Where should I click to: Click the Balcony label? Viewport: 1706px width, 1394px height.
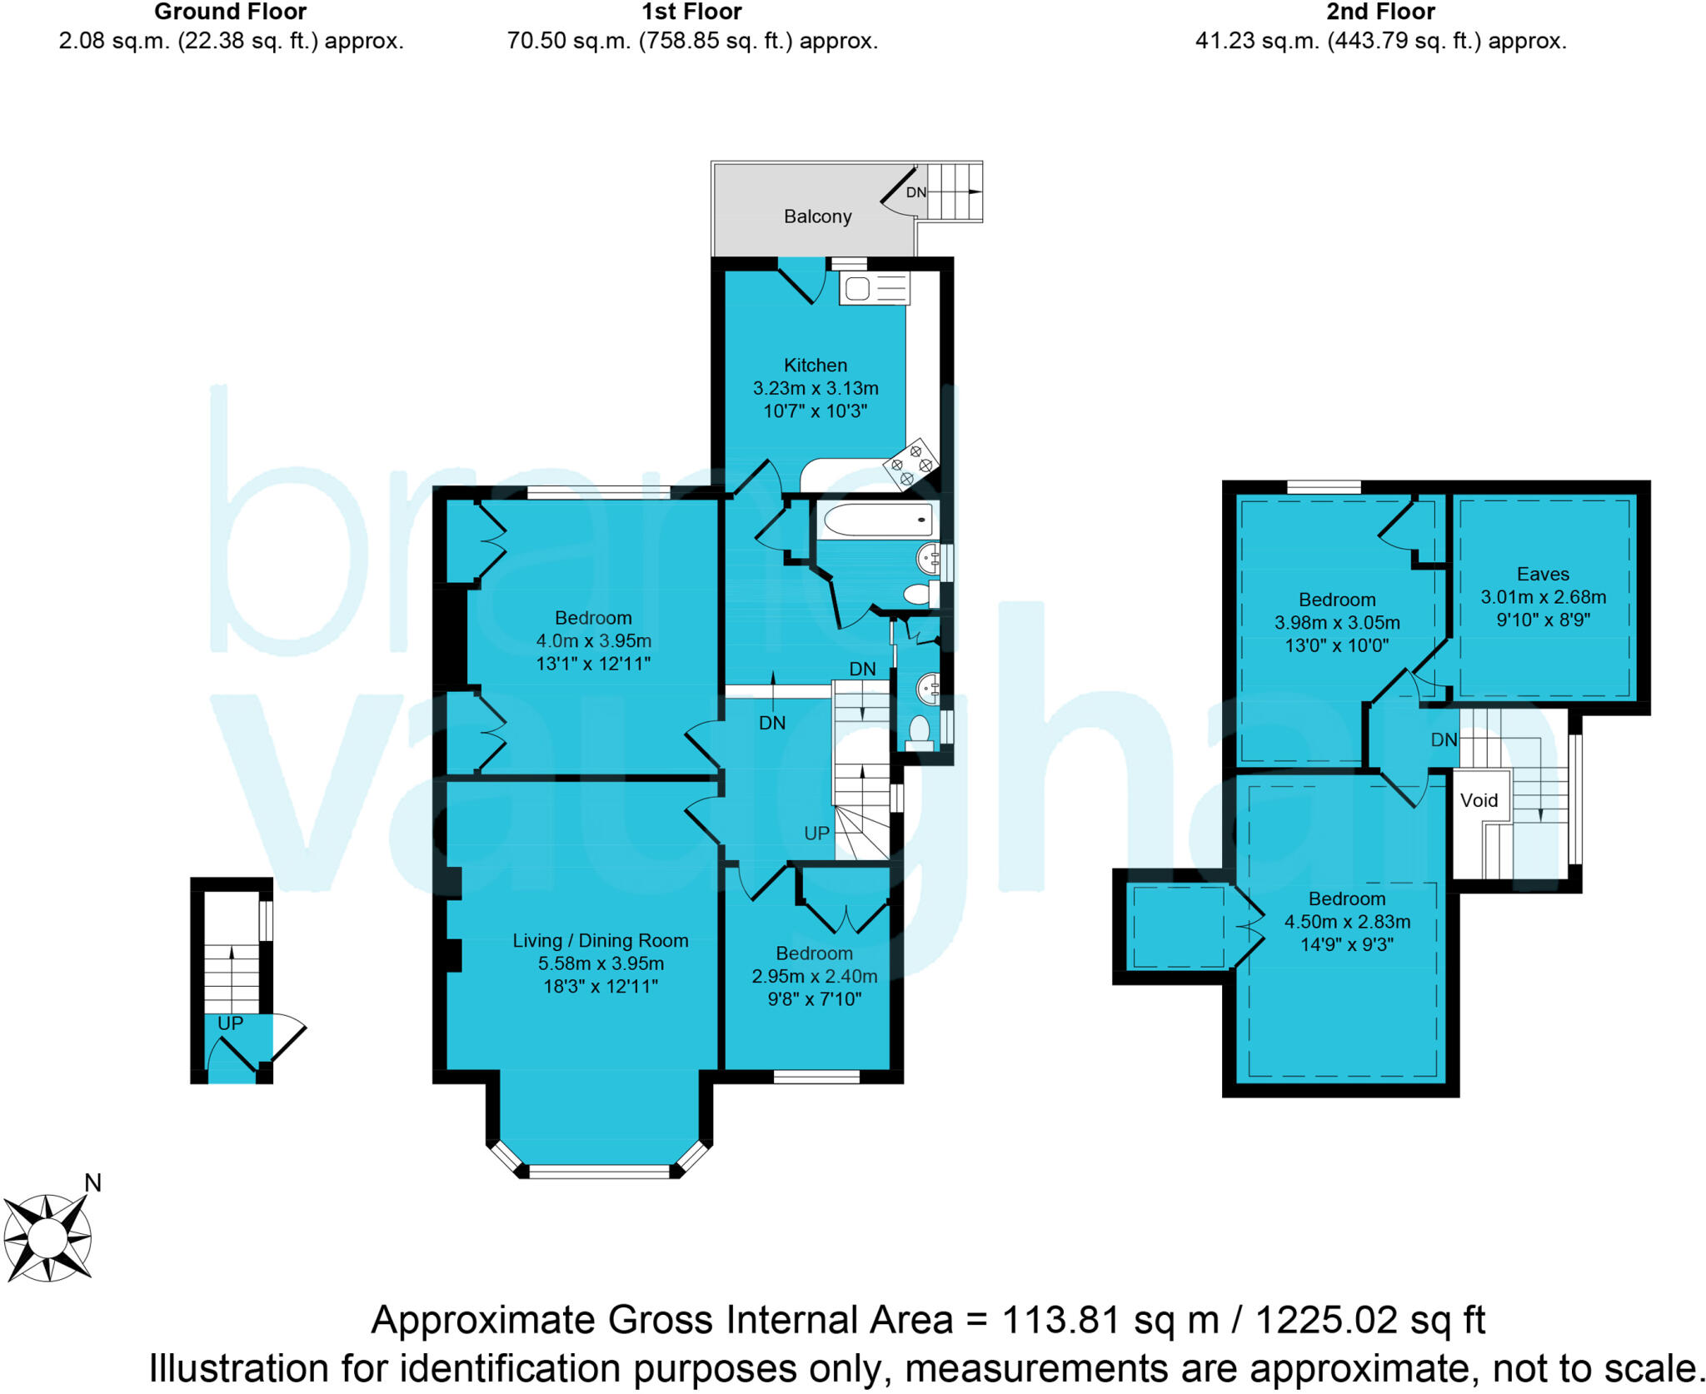click(817, 217)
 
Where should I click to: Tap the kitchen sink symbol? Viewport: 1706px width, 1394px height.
click(874, 289)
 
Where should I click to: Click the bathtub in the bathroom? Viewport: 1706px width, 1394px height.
click(877, 520)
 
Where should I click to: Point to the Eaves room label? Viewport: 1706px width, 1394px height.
click(1543, 574)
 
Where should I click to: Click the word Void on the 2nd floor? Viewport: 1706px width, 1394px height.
click(1479, 800)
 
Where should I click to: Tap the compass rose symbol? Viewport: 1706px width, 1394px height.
click(47, 1237)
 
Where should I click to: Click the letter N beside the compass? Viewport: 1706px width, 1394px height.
click(92, 1182)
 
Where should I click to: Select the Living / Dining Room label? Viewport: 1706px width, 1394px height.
click(600, 940)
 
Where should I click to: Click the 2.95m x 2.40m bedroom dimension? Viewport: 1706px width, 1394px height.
click(814, 976)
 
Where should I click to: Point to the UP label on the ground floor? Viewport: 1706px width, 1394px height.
click(230, 1023)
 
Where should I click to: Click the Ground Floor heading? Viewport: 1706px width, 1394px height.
click(230, 12)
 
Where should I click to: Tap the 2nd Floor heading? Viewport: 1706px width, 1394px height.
click(1380, 12)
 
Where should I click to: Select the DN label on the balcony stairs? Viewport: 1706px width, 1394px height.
click(915, 192)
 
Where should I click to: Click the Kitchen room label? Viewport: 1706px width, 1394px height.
click(815, 365)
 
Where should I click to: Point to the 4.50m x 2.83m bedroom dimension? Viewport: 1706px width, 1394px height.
click(1347, 922)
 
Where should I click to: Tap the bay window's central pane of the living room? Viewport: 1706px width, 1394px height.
click(599, 1172)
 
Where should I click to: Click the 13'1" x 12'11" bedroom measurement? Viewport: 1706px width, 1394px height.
click(593, 664)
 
